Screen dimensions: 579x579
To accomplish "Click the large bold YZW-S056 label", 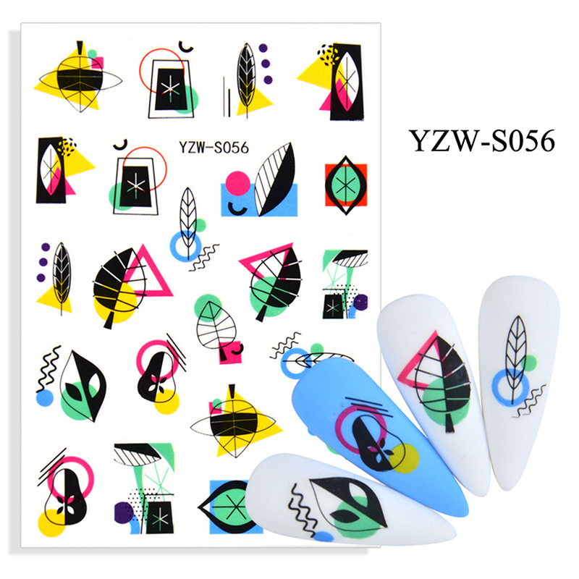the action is click(x=482, y=140).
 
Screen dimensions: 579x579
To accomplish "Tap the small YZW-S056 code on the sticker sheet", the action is click(x=214, y=148).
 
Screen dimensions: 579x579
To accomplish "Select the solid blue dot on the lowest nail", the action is click(x=324, y=537).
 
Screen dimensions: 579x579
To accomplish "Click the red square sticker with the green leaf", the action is click(x=346, y=185).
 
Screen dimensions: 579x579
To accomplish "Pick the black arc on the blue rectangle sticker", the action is click(x=237, y=210).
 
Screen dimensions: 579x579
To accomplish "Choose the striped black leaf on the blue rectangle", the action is click(x=275, y=179).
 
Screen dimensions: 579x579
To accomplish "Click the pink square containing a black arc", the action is click(x=230, y=352).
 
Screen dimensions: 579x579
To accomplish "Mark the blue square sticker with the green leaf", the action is click(x=231, y=507).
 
